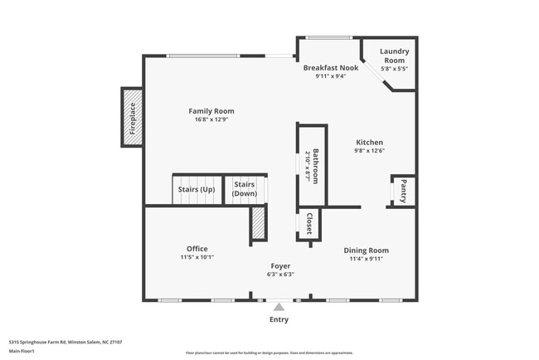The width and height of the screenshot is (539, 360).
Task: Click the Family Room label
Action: tap(211, 111)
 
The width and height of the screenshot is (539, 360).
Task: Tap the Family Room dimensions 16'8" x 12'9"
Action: tap(211, 120)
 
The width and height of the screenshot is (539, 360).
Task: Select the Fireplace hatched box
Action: tap(131, 118)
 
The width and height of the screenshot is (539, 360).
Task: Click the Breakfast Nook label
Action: tap(330, 68)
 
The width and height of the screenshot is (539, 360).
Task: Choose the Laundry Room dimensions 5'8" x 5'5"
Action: tap(394, 70)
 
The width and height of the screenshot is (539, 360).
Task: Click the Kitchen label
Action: tap(369, 142)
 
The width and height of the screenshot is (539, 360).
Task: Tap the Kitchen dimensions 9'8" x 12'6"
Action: tap(369, 151)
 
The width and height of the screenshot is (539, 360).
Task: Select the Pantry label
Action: tap(403, 191)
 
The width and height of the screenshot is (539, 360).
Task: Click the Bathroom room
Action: tap(310, 166)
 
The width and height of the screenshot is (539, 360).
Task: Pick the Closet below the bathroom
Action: tap(308, 223)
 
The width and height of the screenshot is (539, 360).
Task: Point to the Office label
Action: tap(197, 249)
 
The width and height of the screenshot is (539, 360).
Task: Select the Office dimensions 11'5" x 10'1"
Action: tap(197, 258)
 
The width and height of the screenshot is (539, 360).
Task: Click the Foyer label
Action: tap(280, 265)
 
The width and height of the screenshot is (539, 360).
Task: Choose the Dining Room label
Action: tap(367, 250)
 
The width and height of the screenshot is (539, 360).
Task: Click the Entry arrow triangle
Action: tap(279, 305)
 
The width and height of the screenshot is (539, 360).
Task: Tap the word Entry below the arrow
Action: tap(279, 319)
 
